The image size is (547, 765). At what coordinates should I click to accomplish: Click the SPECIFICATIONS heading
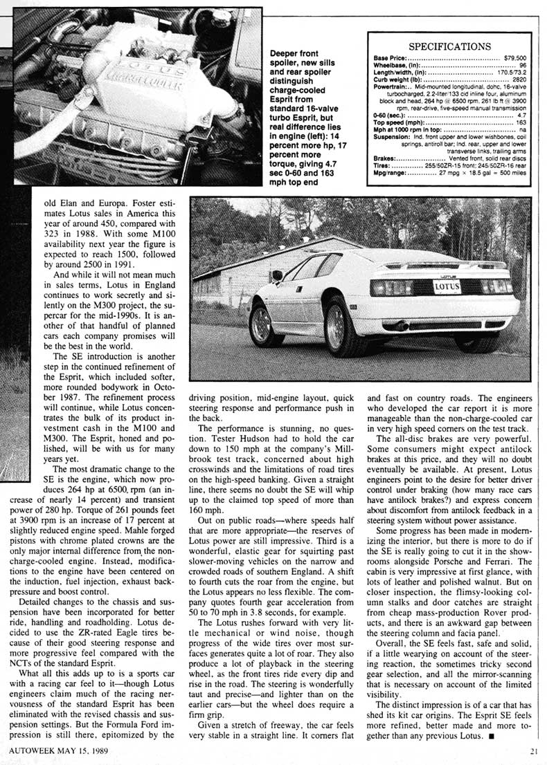450,46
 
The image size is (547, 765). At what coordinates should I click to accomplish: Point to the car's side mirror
277,275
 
